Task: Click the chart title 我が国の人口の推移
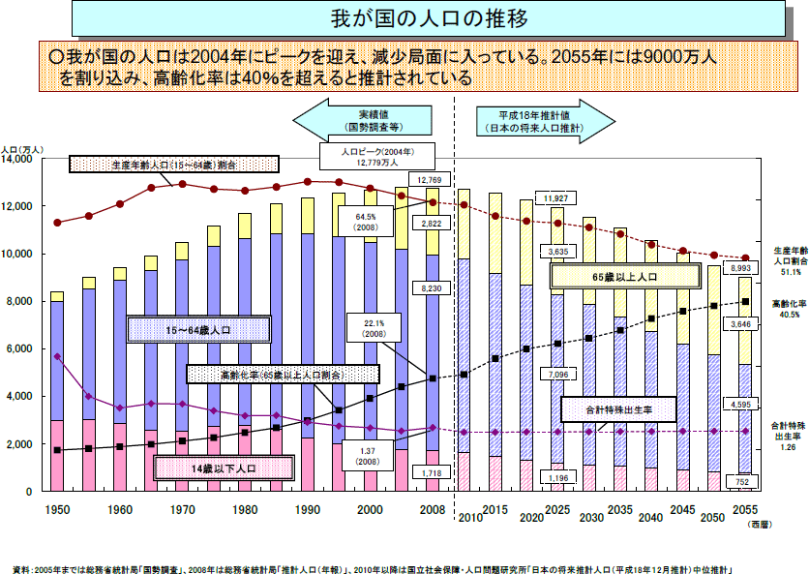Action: [x=404, y=18]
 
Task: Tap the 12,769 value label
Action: [x=430, y=179]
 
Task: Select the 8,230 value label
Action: [x=430, y=287]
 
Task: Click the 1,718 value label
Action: [x=430, y=471]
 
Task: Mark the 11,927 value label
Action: [x=555, y=198]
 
